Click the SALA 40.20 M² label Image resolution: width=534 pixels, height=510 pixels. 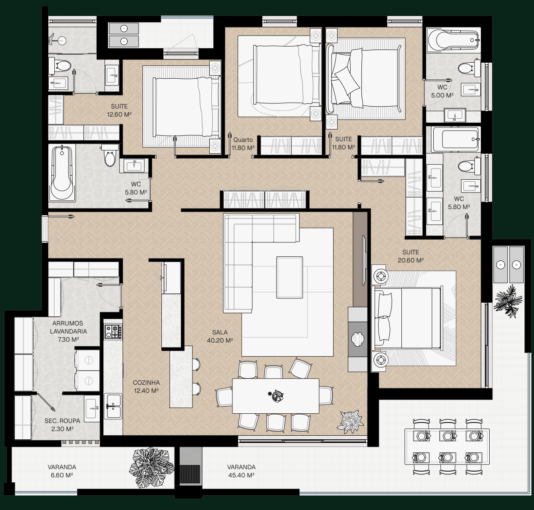[220, 336]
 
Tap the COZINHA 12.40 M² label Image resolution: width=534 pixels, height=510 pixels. [146, 387]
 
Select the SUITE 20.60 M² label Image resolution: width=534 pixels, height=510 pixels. [411, 256]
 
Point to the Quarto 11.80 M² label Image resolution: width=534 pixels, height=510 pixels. [243, 144]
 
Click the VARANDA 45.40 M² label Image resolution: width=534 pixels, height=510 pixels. [241, 471]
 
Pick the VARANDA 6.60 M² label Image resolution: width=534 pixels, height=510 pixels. [62, 471]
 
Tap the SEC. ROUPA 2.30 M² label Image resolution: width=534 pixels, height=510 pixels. [62, 425]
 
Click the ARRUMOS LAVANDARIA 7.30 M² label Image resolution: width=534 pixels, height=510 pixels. [68, 331]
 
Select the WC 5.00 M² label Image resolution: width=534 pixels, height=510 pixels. [442, 91]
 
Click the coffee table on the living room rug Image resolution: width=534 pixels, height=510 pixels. [290, 277]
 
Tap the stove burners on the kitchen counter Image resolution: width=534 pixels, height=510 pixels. [113, 331]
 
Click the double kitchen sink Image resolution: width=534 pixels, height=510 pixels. [113, 406]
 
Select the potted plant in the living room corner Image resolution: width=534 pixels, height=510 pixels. [350, 422]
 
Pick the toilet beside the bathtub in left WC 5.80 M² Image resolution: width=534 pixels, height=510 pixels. [110, 156]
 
